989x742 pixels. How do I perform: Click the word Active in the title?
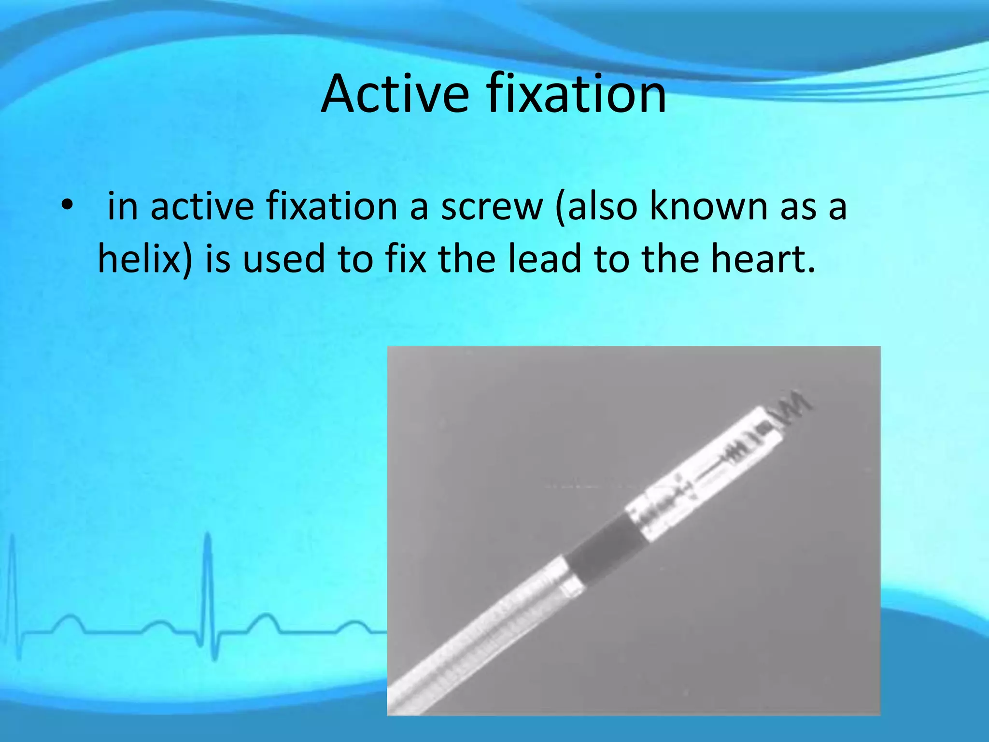[395, 94]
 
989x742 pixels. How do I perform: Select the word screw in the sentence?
[492, 207]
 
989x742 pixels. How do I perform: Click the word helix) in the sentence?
[145, 259]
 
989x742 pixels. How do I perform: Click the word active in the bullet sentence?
[202, 207]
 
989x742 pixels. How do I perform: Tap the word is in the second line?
[218, 259]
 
